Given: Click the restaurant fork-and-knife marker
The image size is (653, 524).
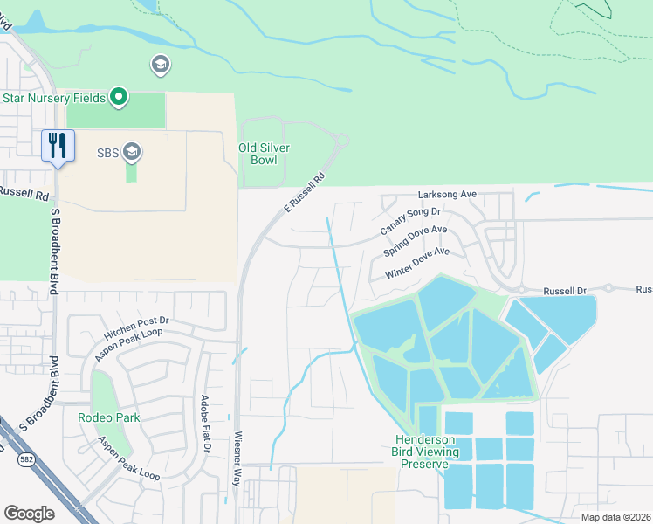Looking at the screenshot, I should point(58,145).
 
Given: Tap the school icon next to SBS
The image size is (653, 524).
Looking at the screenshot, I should point(132,153).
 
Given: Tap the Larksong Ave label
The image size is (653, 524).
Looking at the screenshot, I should point(446,194).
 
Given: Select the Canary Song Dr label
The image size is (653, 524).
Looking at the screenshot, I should point(410,221).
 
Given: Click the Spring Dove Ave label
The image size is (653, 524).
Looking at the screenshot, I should point(415,241).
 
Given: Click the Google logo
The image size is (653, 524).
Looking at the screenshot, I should point(29,513).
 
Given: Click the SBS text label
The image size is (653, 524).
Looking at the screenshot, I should point(107,154).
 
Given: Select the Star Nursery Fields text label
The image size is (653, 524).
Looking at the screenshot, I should point(53,98).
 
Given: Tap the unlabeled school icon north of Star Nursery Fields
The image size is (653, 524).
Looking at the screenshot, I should point(160,64).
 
